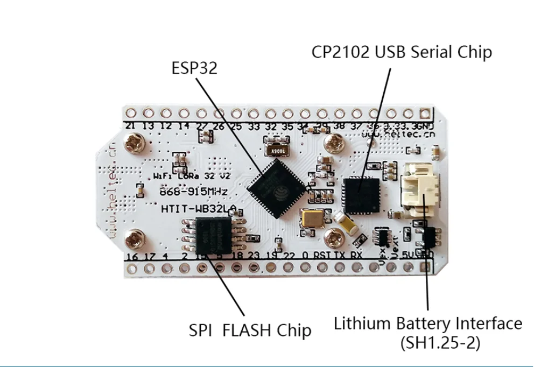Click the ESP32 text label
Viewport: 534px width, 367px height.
point(194,68)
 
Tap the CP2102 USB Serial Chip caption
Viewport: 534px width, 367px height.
point(402,52)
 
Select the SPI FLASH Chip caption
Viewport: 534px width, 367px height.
point(250,329)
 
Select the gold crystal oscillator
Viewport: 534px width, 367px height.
point(312,218)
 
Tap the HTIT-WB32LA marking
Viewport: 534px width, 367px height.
point(186,209)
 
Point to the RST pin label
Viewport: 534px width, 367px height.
point(322,255)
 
